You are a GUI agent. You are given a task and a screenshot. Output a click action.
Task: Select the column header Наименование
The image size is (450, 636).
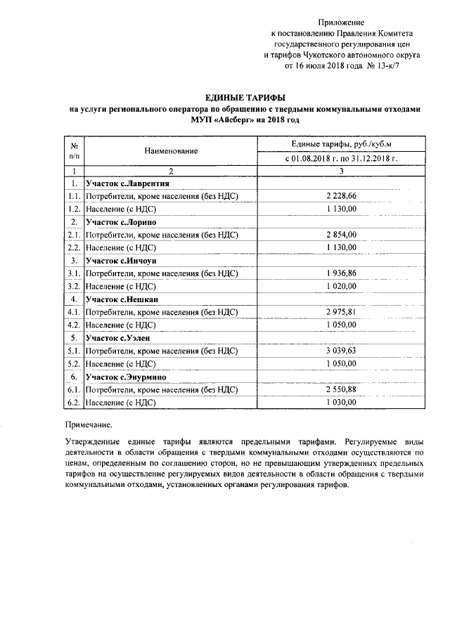click(171, 151)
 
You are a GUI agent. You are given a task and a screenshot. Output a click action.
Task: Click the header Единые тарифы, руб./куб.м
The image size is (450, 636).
click(342, 144)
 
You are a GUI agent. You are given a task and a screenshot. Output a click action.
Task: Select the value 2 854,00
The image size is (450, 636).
click(342, 235)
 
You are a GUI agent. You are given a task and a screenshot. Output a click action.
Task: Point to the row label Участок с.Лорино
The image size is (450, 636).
click(121, 222)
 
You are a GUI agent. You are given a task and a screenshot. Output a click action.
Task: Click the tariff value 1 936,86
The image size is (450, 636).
click(342, 273)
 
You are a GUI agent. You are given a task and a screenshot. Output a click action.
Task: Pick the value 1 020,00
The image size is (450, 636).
click(342, 286)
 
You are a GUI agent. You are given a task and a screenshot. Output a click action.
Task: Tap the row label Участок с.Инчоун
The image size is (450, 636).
click(122, 261)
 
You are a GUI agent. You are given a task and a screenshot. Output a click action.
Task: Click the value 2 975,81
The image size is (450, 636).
click(342, 312)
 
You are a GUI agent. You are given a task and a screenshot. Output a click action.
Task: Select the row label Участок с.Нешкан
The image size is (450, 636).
click(123, 299)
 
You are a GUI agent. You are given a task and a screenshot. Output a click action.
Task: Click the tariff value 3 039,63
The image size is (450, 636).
click(342, 351)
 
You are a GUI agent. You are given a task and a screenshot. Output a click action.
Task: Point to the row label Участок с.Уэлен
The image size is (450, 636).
click(119, 338)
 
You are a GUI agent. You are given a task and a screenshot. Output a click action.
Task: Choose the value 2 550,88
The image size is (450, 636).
click(342, 389)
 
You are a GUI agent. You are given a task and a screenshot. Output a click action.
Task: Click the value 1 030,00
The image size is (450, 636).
click(342, 402)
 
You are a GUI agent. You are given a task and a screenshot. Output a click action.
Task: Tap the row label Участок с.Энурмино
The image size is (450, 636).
click(126, 377)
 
